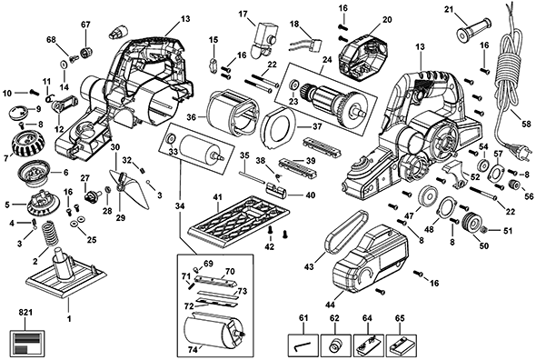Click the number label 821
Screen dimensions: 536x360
(25, 313)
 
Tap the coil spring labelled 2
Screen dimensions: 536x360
(51, 233)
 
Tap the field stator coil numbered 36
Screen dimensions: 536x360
(232, 112)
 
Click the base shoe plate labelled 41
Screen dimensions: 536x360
(239, 220)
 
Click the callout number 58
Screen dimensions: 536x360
(527, 124)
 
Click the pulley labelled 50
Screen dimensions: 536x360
(471, 223)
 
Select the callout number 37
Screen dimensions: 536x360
(317, 127)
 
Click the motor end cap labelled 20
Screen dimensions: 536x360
(362, 57)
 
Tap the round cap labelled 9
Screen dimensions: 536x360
(19, 113)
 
